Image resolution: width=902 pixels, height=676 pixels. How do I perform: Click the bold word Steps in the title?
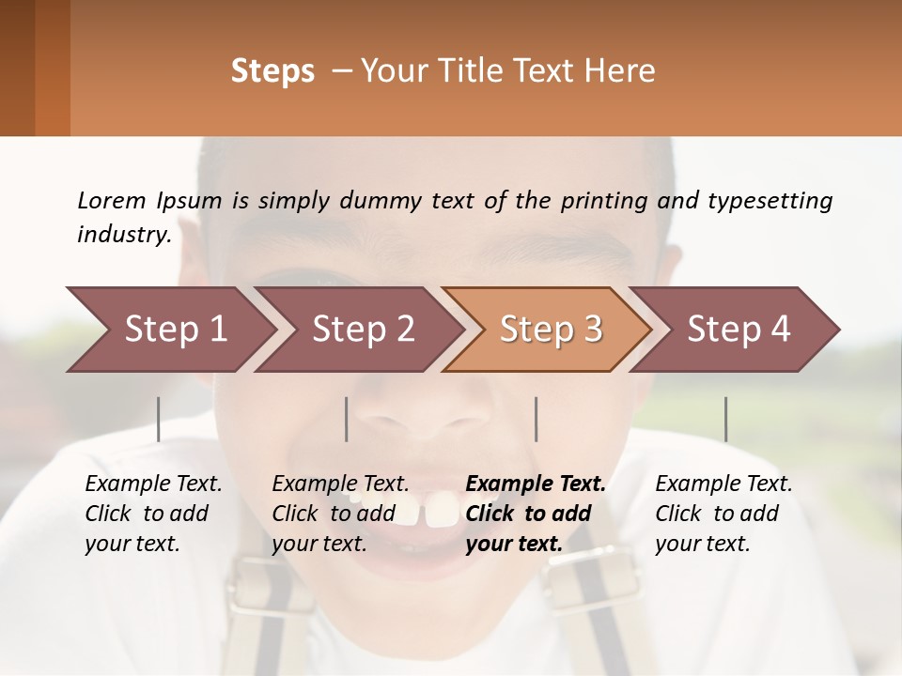click(272, 71)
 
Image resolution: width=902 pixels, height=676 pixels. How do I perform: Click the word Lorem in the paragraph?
click(112, 201)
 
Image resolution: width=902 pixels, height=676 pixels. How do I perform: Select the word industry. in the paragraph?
click(124, 235)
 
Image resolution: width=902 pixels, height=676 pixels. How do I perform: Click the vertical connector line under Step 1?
click(159, 419)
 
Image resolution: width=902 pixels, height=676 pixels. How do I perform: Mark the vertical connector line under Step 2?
click(347, 419)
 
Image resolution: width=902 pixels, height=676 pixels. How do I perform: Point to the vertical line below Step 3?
click(537, 419)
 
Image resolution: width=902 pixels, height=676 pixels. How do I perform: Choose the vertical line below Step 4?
click(725, 419)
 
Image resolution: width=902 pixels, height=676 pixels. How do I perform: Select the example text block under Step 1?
click(153, 514)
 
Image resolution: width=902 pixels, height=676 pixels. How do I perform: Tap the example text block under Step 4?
click(723, 514)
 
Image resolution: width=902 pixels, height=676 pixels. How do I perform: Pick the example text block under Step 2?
click(340, 514)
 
